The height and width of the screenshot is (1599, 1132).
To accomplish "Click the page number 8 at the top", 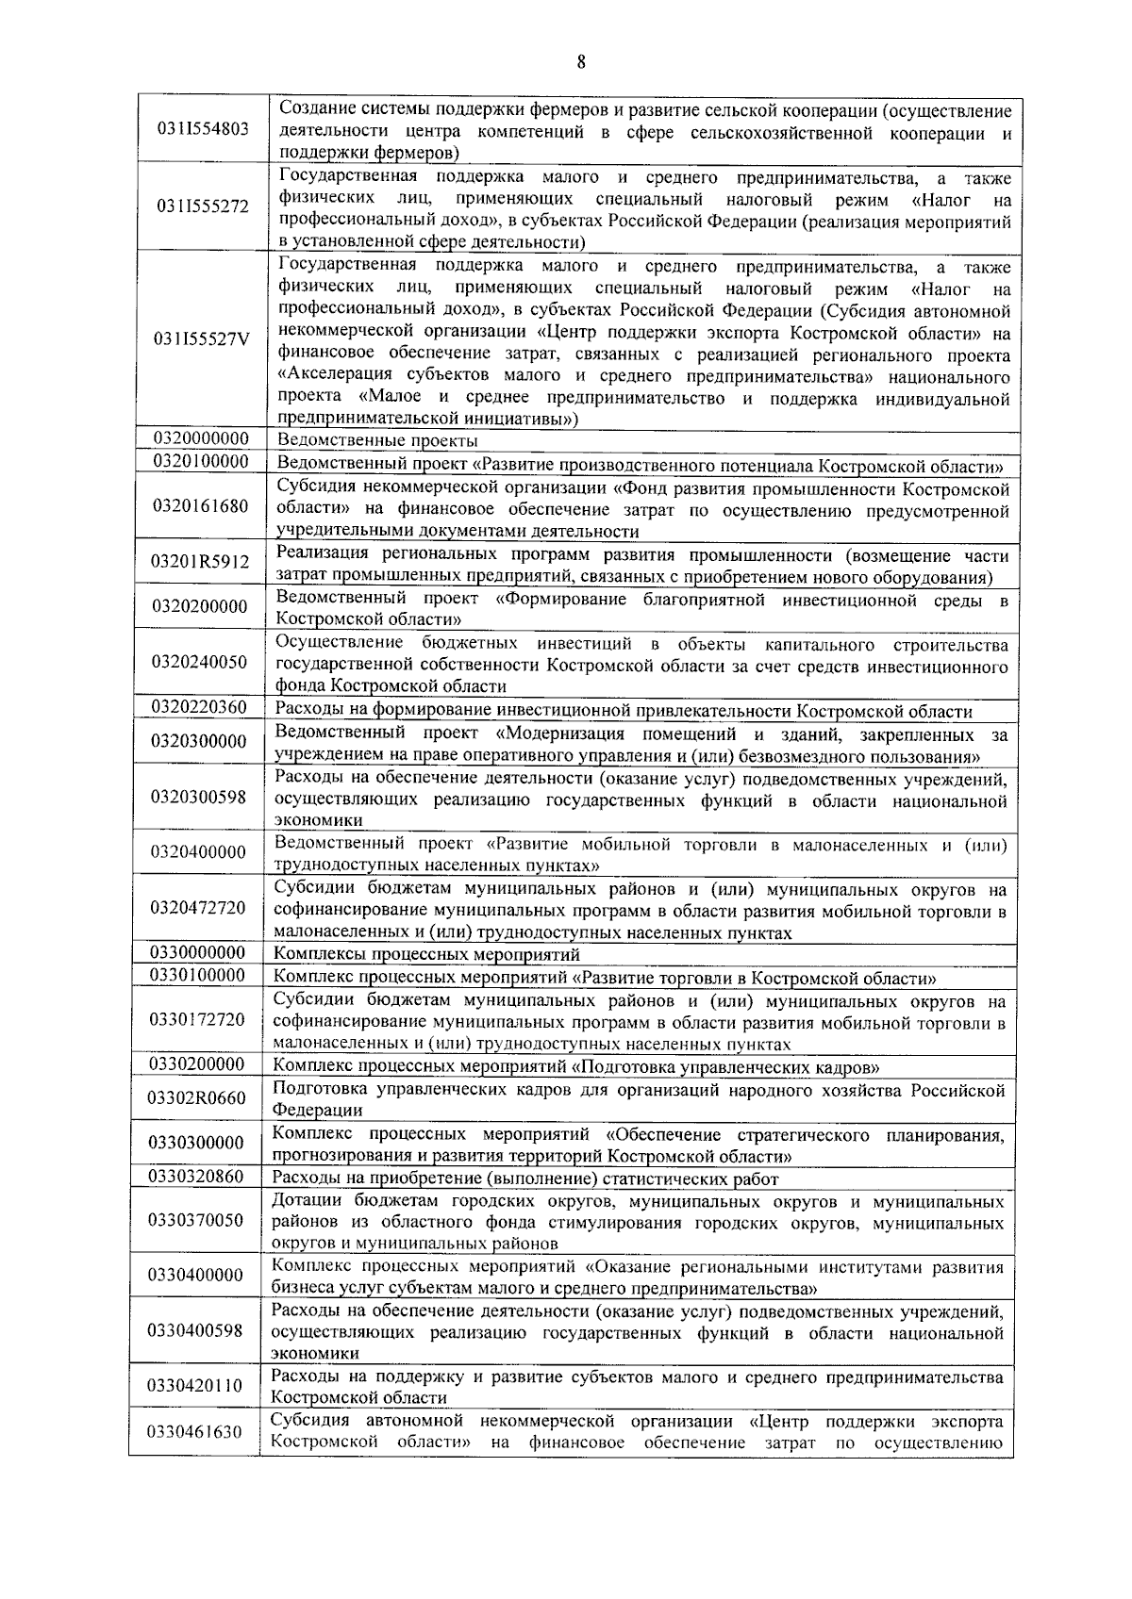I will pyautogui.click(x=580, y=63).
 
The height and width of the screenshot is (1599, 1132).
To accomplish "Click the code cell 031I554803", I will pyautogui.click(x=203, y=128).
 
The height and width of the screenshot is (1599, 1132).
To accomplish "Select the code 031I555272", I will pyautogui.click(x=203, y=206).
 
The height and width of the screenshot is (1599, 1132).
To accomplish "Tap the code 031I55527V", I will pyautogui.click(x=202, y=340).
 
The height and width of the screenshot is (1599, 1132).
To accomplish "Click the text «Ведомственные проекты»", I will pyautogui.click(x=377, y=440).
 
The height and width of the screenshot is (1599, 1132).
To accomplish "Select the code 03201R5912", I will pyautogui.click(x=200, y=562).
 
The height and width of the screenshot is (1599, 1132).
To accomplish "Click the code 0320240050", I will pyautogui.click(x=199, y=662).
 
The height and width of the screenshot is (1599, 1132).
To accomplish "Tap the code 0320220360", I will pyautogui.click(x=199, y=707).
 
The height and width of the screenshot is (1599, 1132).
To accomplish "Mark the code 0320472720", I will pyautogui.click(x=197, y=907).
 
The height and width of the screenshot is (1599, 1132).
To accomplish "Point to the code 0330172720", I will pyautogui.click(x=196, y=1019).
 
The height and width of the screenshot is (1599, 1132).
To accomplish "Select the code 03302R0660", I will pyautogui.click(x=196, y=1097).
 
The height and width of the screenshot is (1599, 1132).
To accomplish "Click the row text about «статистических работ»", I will pyautogui.click(x=525, y=1179).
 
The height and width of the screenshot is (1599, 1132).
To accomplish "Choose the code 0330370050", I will pyautogui.click(x=195, y=1220).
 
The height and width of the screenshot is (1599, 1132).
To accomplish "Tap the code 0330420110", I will pyautogui.click(x=194, y=1386).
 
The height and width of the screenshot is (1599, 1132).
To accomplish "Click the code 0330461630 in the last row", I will pyautogui.click(x=194, y=1432).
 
